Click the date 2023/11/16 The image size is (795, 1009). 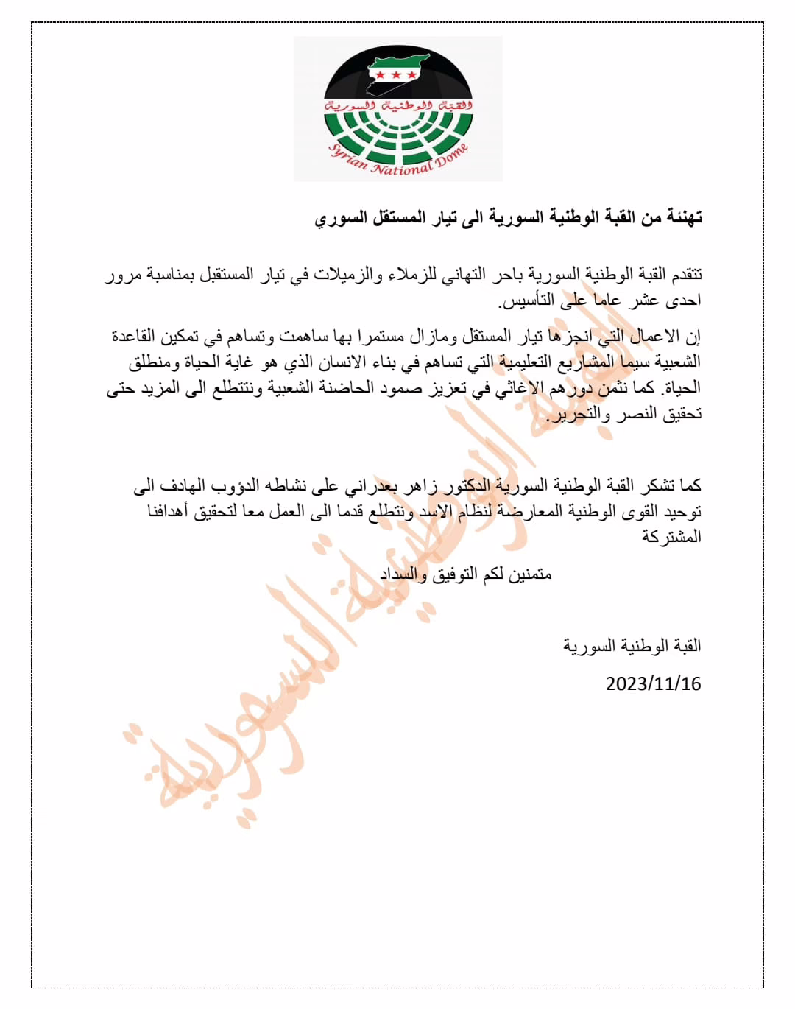(x=653, y=684)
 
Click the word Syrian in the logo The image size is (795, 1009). (x=347, y=157)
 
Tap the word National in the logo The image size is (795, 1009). (x=401, y=169)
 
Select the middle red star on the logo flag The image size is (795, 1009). (x=395, y=74)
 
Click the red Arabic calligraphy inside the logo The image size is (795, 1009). (x=397, y=105)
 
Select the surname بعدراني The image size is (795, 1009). (x=372, y=486)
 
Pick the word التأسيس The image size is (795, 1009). (x=526, y=300)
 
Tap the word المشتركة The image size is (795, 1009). (x=671, y=537)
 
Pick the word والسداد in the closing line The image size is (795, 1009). (x=403, y=574)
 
